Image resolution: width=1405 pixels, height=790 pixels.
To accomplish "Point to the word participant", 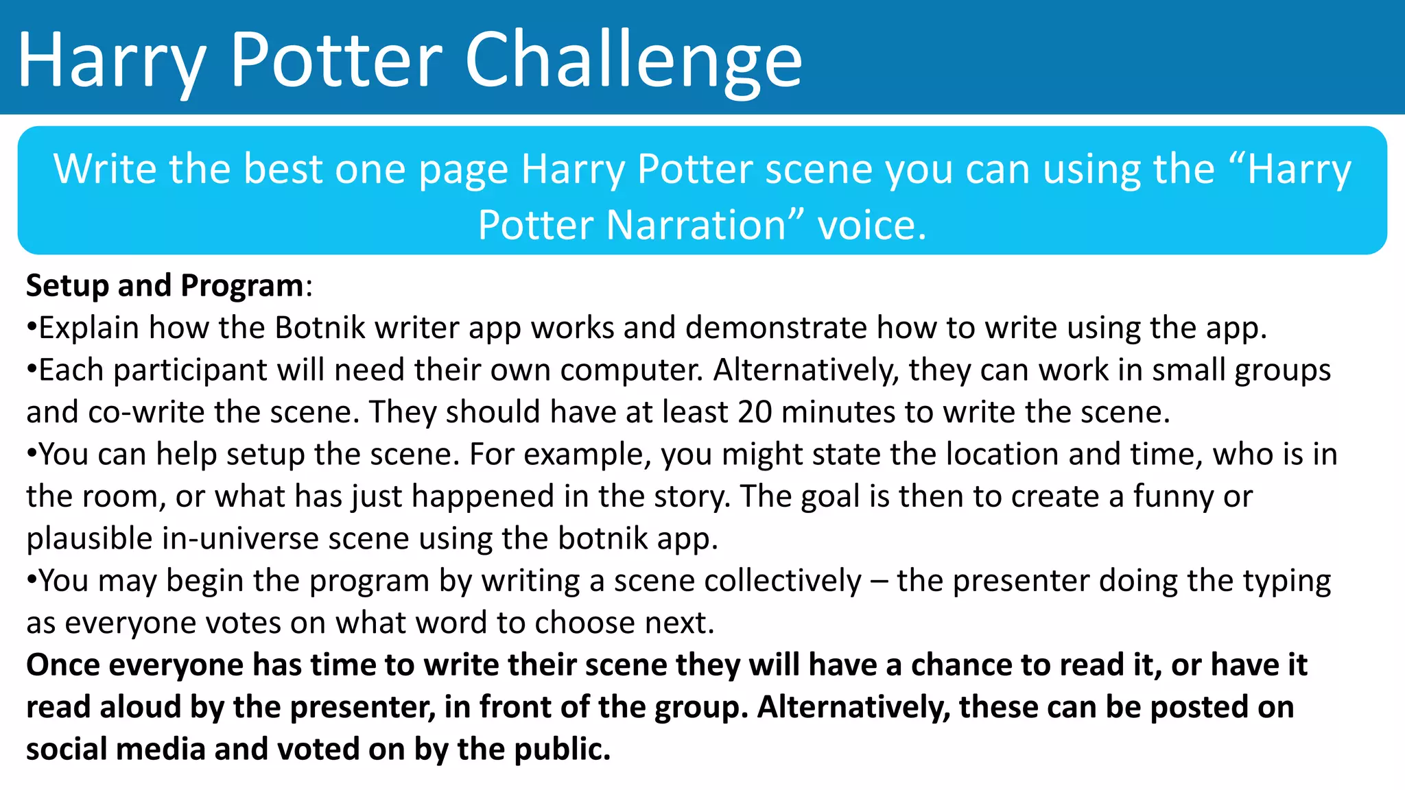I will (x=190, y=370).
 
